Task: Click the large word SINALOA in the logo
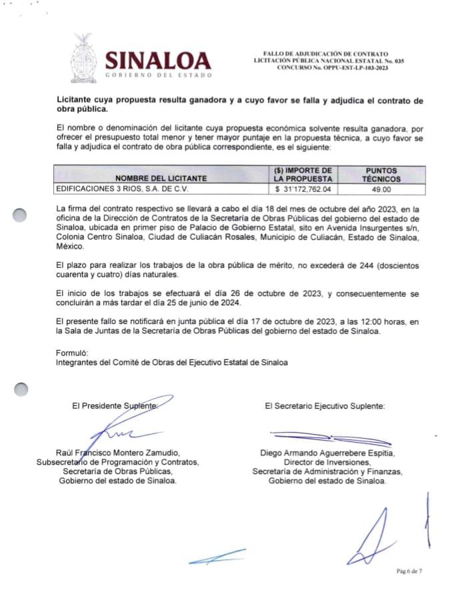(x=158, y=61)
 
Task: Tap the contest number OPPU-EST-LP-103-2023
(x=329, y=68)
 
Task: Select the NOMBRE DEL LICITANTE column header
(x=161, y=179)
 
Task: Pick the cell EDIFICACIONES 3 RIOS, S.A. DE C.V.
(x=123, y=189)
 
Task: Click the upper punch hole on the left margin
(x=21, y=215)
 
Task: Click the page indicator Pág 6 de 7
(x=409, y=571)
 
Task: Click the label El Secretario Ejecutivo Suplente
(x=324, y=405)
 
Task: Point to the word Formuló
(x=72, y=352)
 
